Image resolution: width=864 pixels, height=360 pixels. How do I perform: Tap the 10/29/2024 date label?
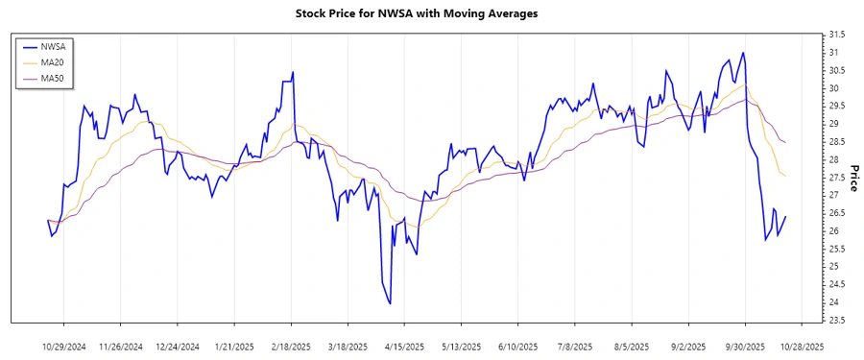63,345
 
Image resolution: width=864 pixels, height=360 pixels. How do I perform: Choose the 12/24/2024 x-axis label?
178,345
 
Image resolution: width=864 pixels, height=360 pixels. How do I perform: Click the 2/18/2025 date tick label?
291,345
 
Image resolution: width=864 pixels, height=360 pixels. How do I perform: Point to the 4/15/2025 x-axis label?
404,345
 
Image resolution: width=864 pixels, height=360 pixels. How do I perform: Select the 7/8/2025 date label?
574,345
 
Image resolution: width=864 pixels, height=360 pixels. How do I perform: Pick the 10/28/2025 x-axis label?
801,345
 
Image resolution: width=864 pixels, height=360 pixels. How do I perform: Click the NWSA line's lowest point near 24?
390,303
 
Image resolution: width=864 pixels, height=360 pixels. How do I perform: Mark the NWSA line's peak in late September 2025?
743,53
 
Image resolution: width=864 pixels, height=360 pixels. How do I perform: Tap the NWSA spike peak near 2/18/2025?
293,72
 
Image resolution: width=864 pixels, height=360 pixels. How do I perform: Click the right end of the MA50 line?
786,143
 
